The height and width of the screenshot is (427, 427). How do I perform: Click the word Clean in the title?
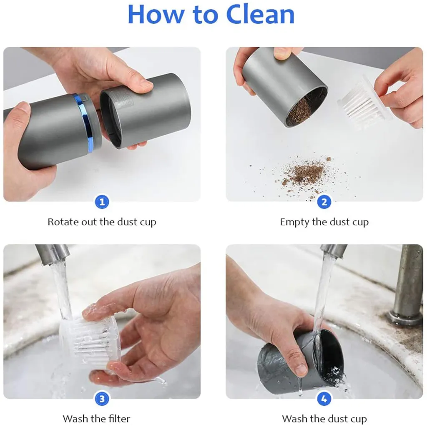pyautogui.click(x=260, y=15)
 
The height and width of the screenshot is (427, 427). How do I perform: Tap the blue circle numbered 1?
pyautogui.click(x=102, y=202)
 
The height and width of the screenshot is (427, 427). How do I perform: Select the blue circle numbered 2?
pyautogui.click(x=324, y=202)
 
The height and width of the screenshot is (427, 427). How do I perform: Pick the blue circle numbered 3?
pyautogui.click(x=102, y=399)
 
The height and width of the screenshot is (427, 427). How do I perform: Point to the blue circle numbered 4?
pyautogui.click(x=324, y=399)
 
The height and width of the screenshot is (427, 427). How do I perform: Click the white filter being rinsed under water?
pyautogui.click(x=90, y=340)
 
